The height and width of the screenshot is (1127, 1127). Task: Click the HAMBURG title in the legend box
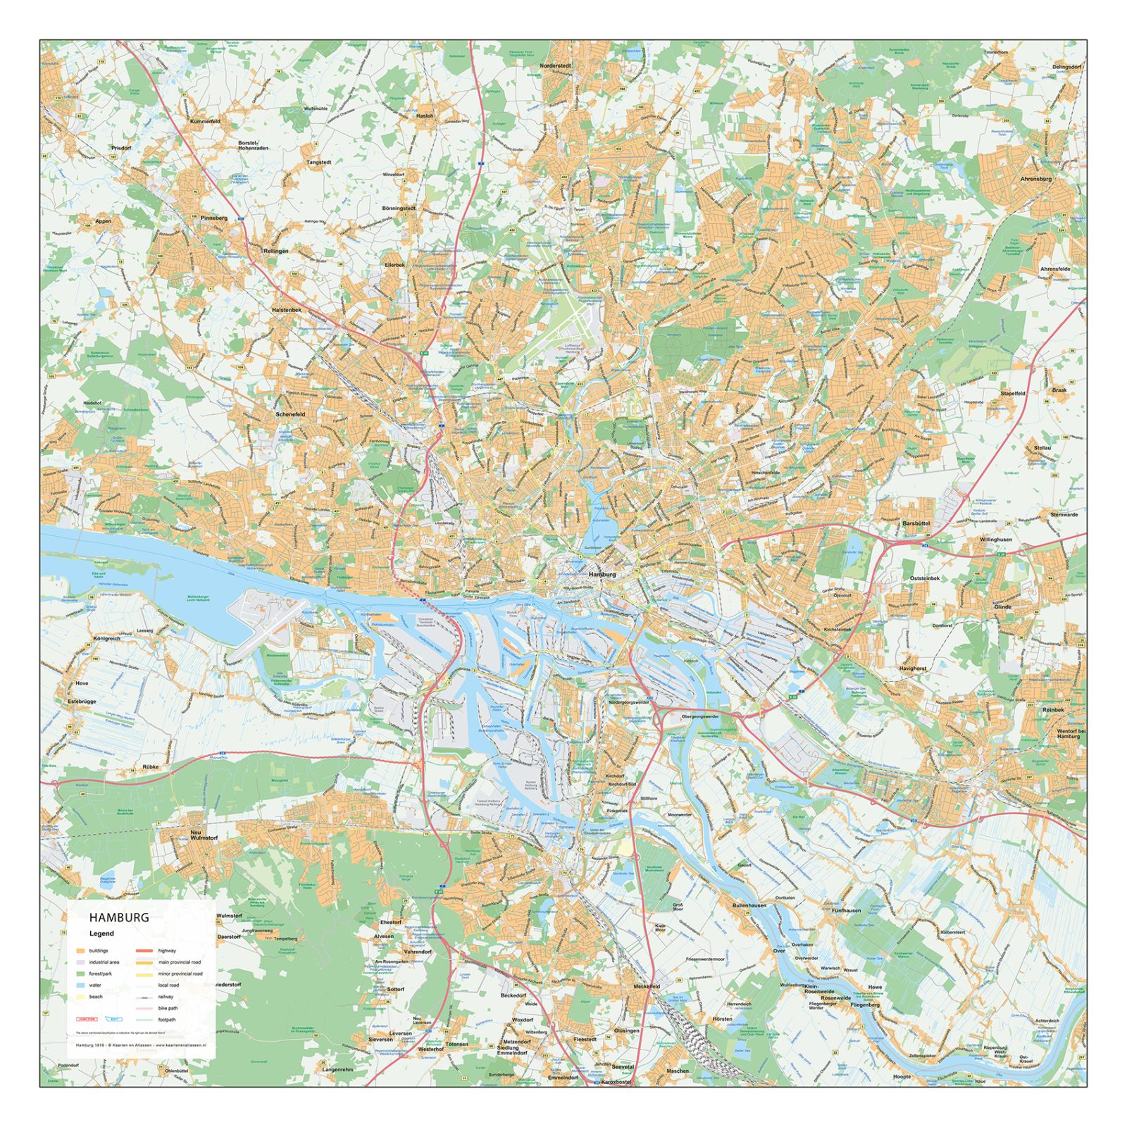point(118,917)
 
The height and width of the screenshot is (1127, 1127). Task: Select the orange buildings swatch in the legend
point(80,951)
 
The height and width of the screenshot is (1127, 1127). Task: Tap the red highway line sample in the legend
point(144,951)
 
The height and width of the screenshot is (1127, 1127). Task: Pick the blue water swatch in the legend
point(80,985)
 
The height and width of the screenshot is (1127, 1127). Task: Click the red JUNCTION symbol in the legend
point(86,1019)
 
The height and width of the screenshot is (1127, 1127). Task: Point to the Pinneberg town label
point(214,218)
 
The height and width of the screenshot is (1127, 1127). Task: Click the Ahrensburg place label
point(1035,179)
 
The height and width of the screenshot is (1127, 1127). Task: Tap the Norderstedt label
point(555,66)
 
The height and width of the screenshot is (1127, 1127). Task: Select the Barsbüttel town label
point(916,523)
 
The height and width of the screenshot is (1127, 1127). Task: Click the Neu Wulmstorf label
point(204,835)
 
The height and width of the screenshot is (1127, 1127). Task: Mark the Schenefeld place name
point(290,414)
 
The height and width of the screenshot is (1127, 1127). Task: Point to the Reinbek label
point(1052,710)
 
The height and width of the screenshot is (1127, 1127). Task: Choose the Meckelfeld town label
point(646,986)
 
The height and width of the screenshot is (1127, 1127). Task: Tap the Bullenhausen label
point(749,905)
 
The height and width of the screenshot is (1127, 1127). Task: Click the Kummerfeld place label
point(205,122)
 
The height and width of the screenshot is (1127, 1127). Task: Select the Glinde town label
point(1002,606)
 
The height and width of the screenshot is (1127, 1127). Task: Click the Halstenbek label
point(286,310)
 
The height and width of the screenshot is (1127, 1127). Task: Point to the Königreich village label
point(106,639)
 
